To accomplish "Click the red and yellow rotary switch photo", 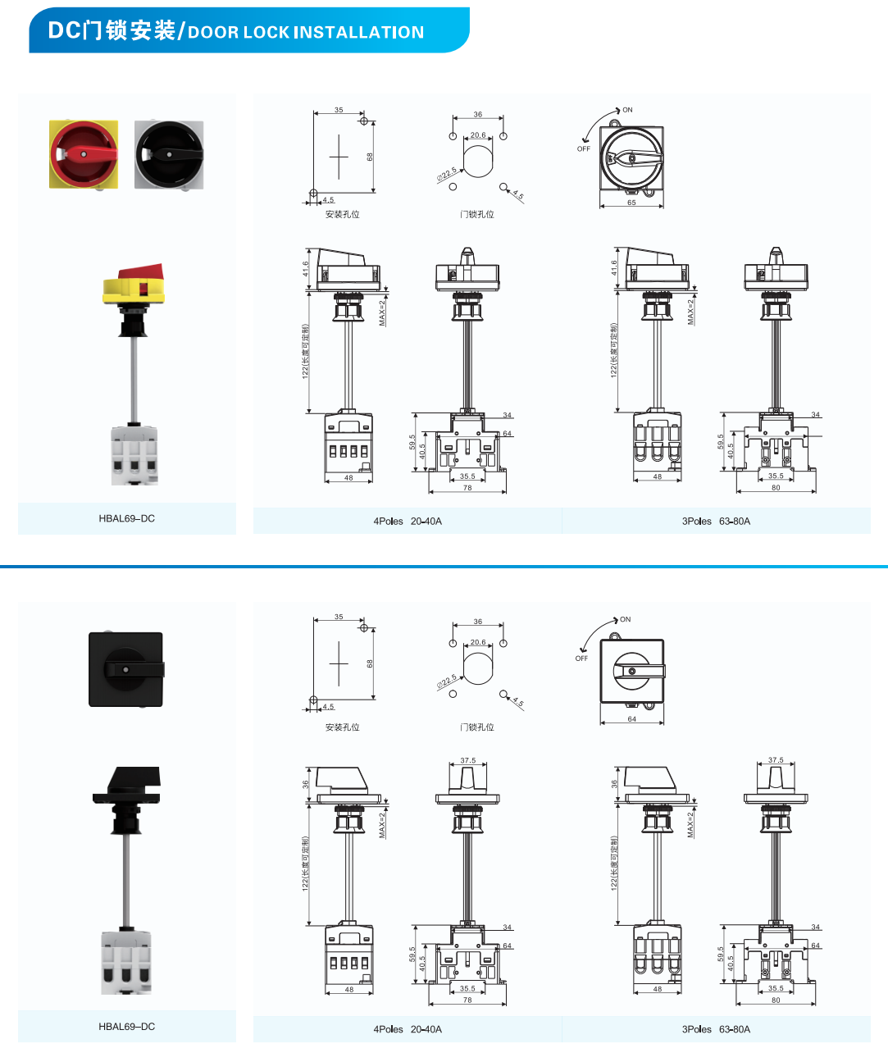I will click(x=83, y=154).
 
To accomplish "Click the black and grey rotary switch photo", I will click(x=169, y=154).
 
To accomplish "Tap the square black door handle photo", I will click(x=125, y=669).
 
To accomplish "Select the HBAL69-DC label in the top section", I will click(x=126, y=518).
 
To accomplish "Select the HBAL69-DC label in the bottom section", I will click(x=126, y=1027).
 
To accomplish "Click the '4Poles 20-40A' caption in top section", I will click(x=408, y=522).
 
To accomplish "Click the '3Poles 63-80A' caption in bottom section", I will click(x=716, y=1029).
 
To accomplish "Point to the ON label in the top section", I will click(x=627, y=110).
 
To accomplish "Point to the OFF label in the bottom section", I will click(x=581, y=659).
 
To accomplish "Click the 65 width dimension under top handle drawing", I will click(x=631, y=203).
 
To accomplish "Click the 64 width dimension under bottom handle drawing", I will click(x=631, y=719).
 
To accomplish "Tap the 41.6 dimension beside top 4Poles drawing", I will click(x=305, y=268).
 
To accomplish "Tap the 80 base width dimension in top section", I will click(x=776, y=488).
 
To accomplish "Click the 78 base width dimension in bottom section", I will click(x=467, y=1000).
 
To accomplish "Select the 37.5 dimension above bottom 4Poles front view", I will click(x=467, y=761).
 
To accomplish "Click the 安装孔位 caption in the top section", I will click(x=342, y=215).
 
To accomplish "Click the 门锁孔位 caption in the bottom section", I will click(x=477, y=727).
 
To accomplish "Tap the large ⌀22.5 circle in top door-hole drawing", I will click(x=479, y=160).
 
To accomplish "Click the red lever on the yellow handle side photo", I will click(x=141, y=272).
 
